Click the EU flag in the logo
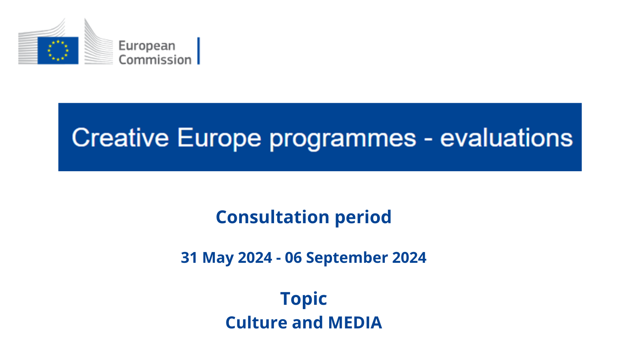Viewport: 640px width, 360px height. [x=58, y=50]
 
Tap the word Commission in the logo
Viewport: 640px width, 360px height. [x=155, y=60]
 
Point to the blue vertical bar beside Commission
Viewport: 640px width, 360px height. [x=198, y=51]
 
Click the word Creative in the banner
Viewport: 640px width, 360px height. [x=120, y=138]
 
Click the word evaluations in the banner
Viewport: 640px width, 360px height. [x=506, y=138]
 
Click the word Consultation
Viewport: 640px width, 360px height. [x=272, y=217]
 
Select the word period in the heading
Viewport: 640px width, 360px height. [x=363, y=218]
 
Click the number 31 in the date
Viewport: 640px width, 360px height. [x=189, y=258]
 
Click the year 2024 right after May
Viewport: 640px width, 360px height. [x=255, y=258]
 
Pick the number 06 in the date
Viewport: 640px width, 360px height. [x=293, y=258]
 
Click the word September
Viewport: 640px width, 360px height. [x=347, y=258]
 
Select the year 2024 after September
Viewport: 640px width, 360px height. [x=409, y=258]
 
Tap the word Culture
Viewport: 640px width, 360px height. [x=256, y=322]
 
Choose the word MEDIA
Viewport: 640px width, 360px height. [x=355, y=323]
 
